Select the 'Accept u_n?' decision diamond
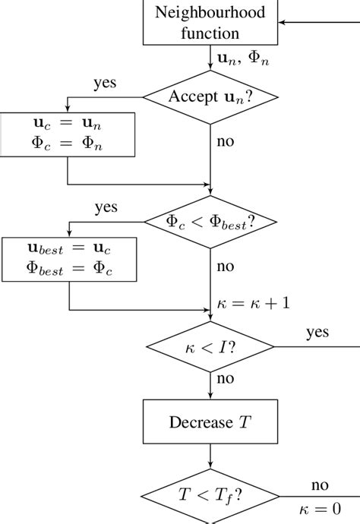pos(210,96)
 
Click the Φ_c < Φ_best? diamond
pos(210,222)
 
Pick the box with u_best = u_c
pos(69,260)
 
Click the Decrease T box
pos(210,421)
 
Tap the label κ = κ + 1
pos(252,302)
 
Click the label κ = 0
pos(319,509)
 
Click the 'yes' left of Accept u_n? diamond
pos(104,82)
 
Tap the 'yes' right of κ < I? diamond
pos(317,333)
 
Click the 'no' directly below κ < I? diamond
pos(226,378)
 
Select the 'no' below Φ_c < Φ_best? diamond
pos(226,267)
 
